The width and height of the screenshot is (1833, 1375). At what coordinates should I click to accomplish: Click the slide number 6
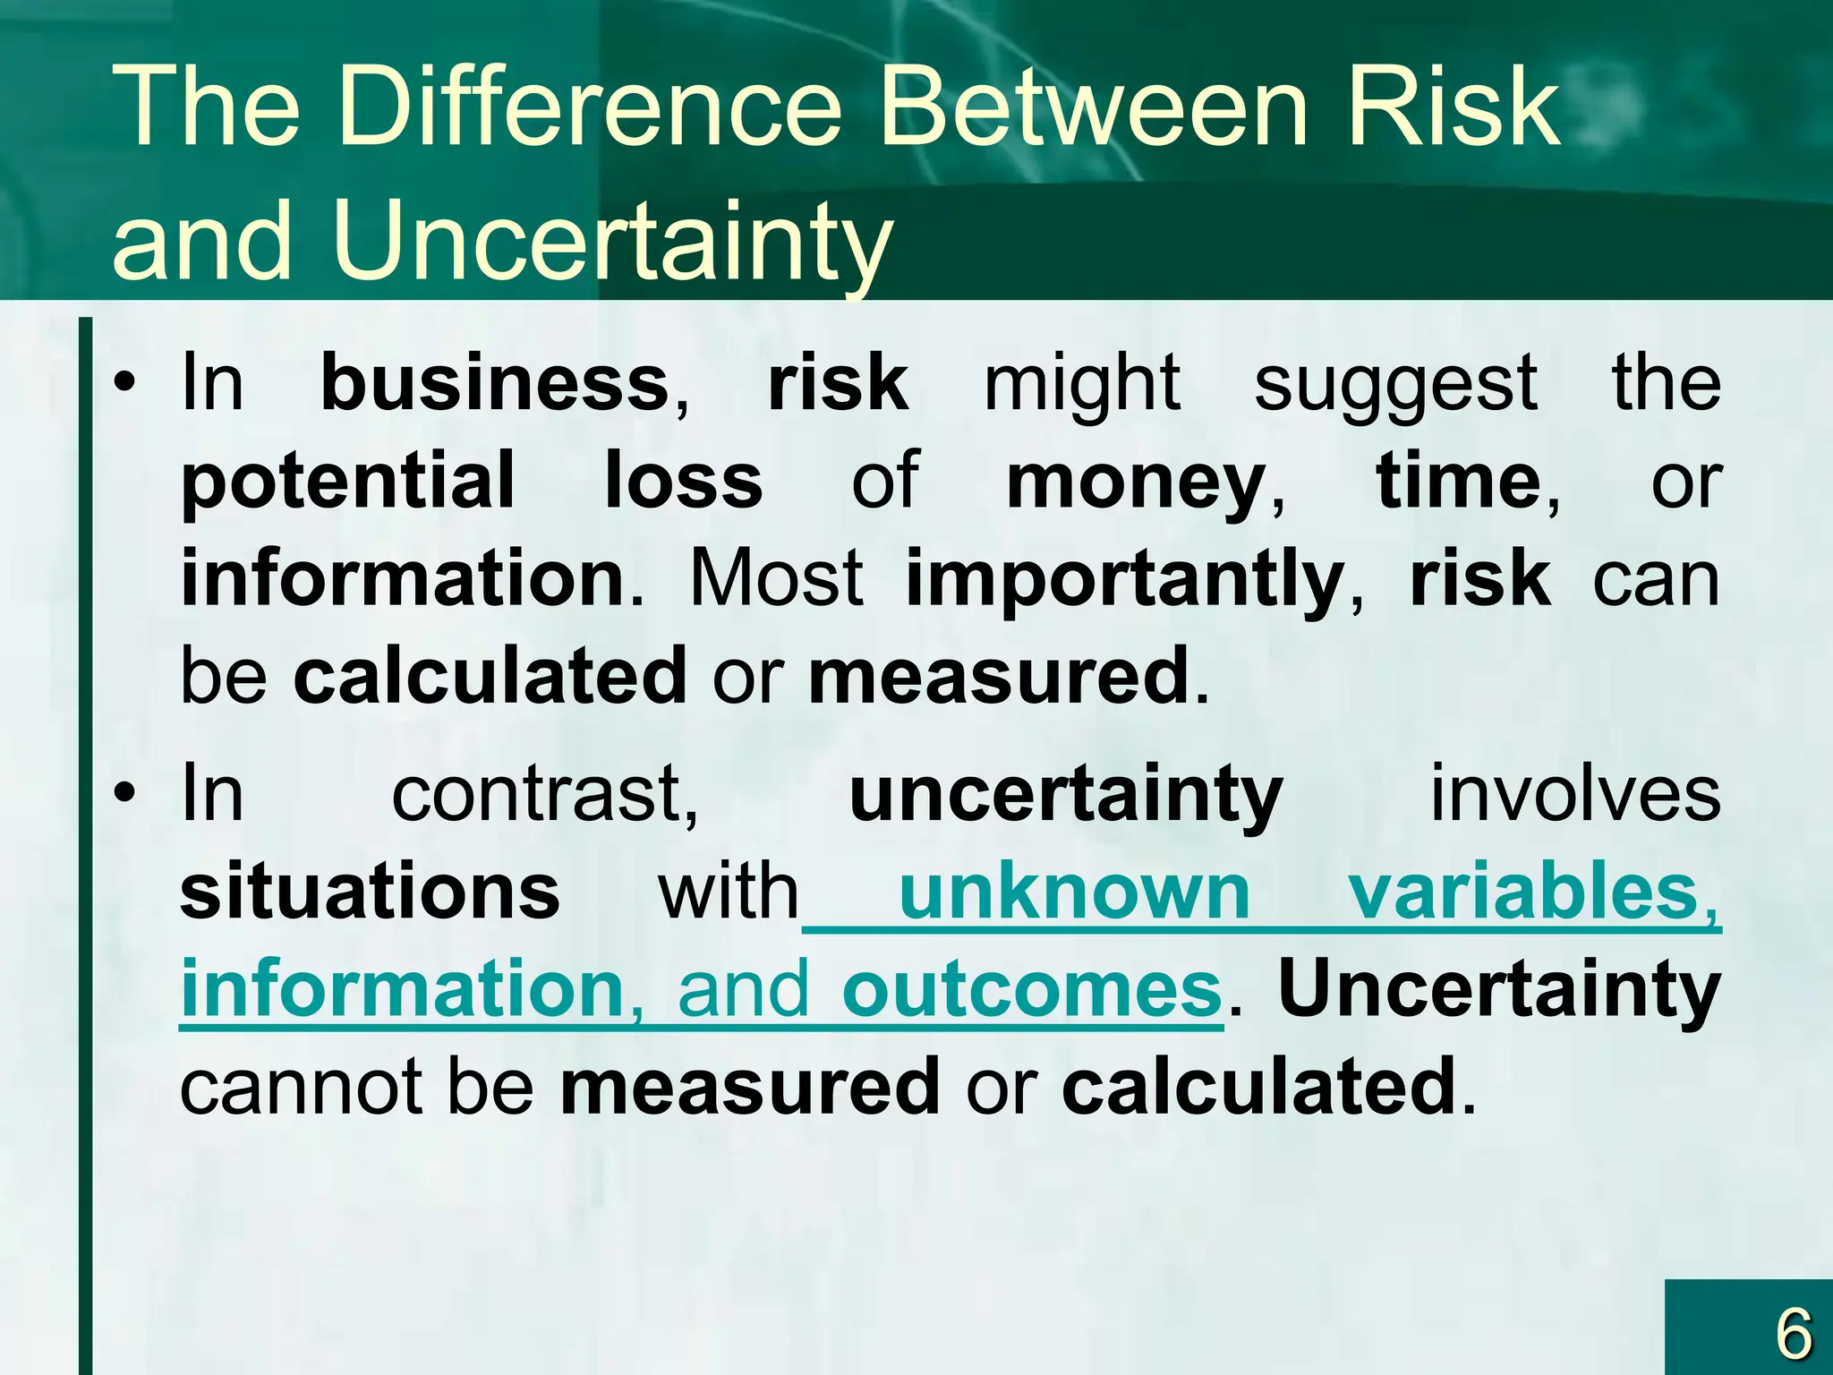click(1793, 1334)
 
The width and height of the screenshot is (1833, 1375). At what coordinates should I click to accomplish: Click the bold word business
click(495, 383)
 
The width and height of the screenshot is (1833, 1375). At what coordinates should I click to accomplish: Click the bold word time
click(1457, 482)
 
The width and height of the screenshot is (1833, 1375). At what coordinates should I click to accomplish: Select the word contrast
click(543, 795)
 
